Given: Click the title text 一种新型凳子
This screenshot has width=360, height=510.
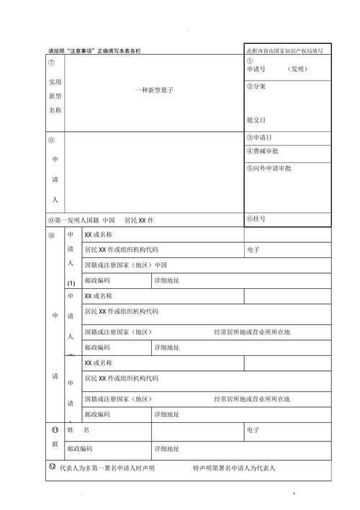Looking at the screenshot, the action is click(x=153, y=90).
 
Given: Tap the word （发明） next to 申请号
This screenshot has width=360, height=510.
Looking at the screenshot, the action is click(x=297, y=69).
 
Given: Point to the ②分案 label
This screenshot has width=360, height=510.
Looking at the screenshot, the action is click(x=256, y=86).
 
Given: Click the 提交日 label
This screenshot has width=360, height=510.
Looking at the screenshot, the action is click(x=256, y=120).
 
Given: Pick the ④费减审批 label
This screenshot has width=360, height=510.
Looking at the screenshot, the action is click(x=263, y=151).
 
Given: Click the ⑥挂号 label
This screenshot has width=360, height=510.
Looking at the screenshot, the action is click(x=256, y=218).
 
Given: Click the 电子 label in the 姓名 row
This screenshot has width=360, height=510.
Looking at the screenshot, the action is click(x=253, y=430).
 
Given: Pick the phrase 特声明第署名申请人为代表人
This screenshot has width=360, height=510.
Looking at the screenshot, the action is click(x=233, y=467).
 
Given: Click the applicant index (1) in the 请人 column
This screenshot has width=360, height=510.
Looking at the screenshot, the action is click(x=71, y=283).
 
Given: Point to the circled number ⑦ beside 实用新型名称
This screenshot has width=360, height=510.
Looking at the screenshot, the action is click(x=50, y=63).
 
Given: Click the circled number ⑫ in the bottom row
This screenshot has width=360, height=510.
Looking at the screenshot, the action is click(x=52, y=467).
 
